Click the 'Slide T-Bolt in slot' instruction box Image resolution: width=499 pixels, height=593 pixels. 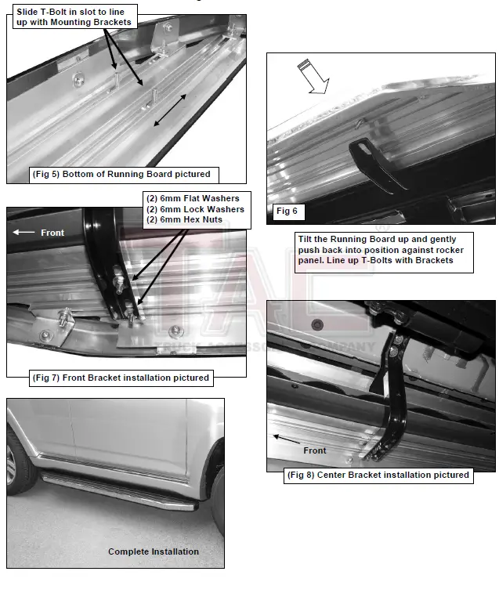coord(74,16)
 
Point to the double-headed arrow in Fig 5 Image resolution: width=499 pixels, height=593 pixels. coord(169,109)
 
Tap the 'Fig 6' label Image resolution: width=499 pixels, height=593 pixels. coord(287,211)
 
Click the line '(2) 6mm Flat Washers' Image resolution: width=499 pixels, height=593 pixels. coord(193,199)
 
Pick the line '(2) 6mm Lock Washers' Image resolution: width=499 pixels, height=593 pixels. coord(195,209)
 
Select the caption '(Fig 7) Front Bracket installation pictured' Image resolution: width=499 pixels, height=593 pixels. coord(121,378)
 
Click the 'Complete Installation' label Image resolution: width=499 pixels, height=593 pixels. coord(154,551)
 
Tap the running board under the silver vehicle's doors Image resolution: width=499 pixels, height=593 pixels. coord(118,489)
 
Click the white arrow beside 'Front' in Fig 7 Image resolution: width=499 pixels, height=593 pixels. coord(23,233)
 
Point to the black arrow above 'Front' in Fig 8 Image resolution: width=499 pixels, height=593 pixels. coord(287,438)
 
